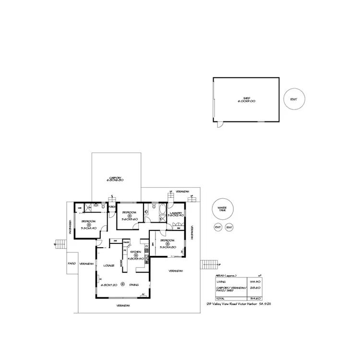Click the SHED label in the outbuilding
pyautogui.click(x=246, y=98)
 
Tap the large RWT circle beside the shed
pyautogui.click(x=294, y=99)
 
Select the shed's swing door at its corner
pyautogui.click(x=219, y=125)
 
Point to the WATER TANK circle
pyautogui.click(x=222, y=209)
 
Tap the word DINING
pyautogui.click(x=134, y=285)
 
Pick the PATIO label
pyautogui.click(x=72, y=264)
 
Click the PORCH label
pyautogui.click(x=111, y=207)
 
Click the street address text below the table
pyautogui.click(x=236, y=304)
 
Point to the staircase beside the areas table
pyautogui.click(x=209, y=264)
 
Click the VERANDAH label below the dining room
pyautogui.click(x=124, y=305)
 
